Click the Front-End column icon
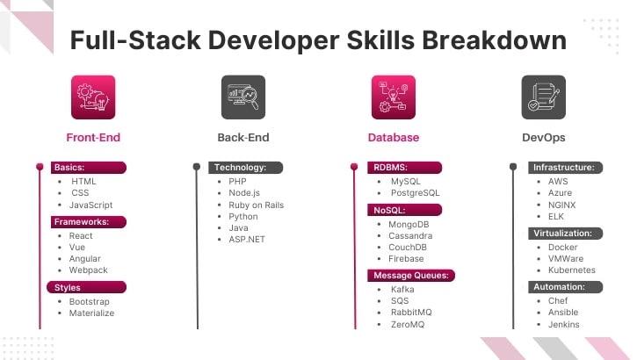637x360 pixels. tap(93, 97)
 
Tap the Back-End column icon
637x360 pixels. tap(242, 97)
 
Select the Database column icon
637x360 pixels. tap(393, 97)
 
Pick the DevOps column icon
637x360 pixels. tap(543, 97)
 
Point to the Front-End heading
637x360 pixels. tap(93, 137)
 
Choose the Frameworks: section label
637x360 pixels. tap(82, 222)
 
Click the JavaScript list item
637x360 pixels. tap(91, 205)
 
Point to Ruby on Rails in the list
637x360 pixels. tap(257, 205)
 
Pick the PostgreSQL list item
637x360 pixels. tap(415, 192)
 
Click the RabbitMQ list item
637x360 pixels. tap(409, 312)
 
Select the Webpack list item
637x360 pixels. tap(88, 270)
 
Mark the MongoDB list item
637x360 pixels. tap(409, 224)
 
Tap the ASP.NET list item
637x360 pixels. tap(247, 239)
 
